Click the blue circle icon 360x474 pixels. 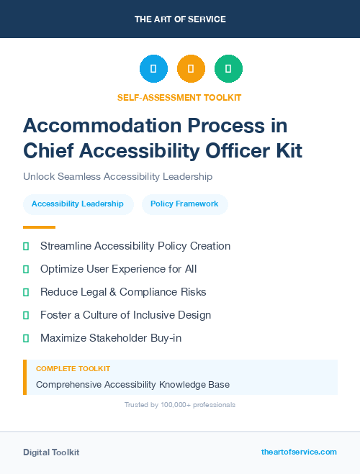click(153, 69)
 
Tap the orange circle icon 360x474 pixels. click(191, 69)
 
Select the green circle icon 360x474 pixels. click(228, 69)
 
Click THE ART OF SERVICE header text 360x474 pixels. click(180, 19)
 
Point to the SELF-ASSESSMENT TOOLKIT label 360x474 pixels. click(180, 97)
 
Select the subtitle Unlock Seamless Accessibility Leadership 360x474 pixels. click(117, 176)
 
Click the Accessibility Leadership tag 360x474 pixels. click(78, 204)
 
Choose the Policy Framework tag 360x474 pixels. click(184, 204)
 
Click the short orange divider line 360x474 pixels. click(39, 227)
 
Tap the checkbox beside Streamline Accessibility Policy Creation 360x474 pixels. click(26, 246)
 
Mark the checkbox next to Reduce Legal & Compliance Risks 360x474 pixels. click(26, 292)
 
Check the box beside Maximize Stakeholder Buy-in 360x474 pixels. click(26, 338)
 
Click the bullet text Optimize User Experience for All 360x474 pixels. click(118, 269)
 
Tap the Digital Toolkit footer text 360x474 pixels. click(51, 452)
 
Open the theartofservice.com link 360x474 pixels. click(299, 452)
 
